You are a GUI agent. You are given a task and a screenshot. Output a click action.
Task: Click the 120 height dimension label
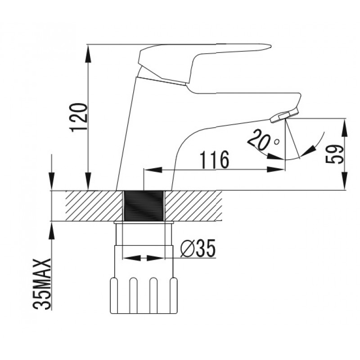click(x=79, y=117)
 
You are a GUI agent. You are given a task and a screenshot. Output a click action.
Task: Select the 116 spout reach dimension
click(x=215, y=160)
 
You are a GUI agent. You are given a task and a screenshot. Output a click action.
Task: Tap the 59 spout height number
click(x=335, y=154)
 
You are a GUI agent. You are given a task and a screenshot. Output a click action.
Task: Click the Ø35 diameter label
click(x=198, y=248)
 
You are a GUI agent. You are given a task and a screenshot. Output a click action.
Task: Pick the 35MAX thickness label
click(x=42, y=284)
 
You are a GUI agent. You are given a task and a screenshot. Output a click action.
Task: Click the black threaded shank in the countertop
click(x=144, y=206)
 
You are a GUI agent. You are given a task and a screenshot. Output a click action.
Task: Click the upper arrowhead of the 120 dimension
click(x=88, y=53)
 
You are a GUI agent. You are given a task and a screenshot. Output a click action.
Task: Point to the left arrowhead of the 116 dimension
click(x=153, y=170)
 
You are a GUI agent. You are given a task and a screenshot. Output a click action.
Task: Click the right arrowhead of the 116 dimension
click(x=275, y=170)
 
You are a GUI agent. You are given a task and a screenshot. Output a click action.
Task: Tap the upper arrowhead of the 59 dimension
click(x=345, y=128)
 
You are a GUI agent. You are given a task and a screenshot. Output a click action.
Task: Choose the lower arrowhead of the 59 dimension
click(x=345, y=181)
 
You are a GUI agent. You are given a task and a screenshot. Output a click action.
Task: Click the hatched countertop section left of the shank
click(x=94, y=206)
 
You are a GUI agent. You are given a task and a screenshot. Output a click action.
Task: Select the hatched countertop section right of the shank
click(x=193, y=206)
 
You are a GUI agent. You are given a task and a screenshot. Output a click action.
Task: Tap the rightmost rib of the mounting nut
click(x=174, y=295)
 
